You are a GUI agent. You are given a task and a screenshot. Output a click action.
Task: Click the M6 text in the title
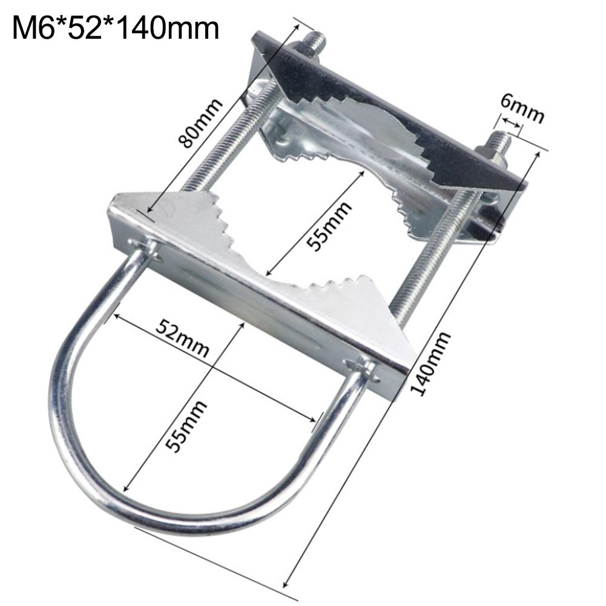pyautogui.click(x=32, y=28)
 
